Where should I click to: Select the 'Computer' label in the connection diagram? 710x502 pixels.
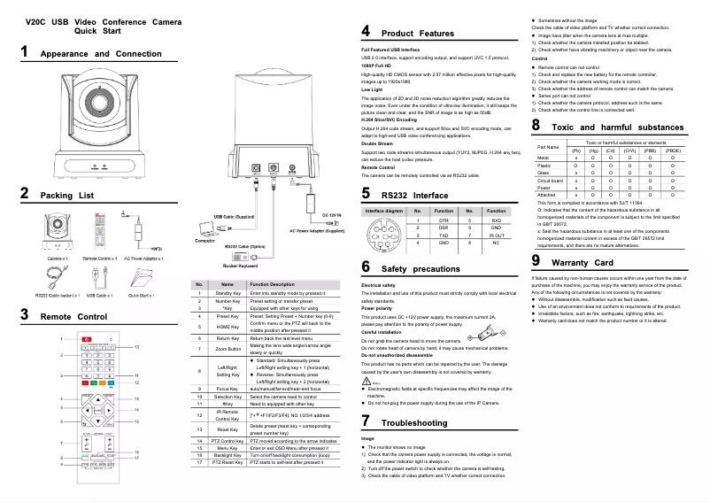pyautogui.click(x=205, y=240)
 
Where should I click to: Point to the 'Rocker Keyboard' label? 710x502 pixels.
pyautogui.click(x=240, y=265)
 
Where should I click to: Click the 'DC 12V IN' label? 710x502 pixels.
pyautogui.click(x=332, y=215)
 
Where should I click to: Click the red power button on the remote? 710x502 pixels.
pyautogui.click(x=87, y=339)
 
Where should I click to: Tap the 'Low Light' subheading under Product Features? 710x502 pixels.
pyautogui.click(x=372, y=89)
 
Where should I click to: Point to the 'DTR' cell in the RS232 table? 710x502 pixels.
pyautogui.click(x=444, y=220)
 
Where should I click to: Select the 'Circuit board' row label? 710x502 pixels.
pyautogui.click(x=550, y=181)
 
